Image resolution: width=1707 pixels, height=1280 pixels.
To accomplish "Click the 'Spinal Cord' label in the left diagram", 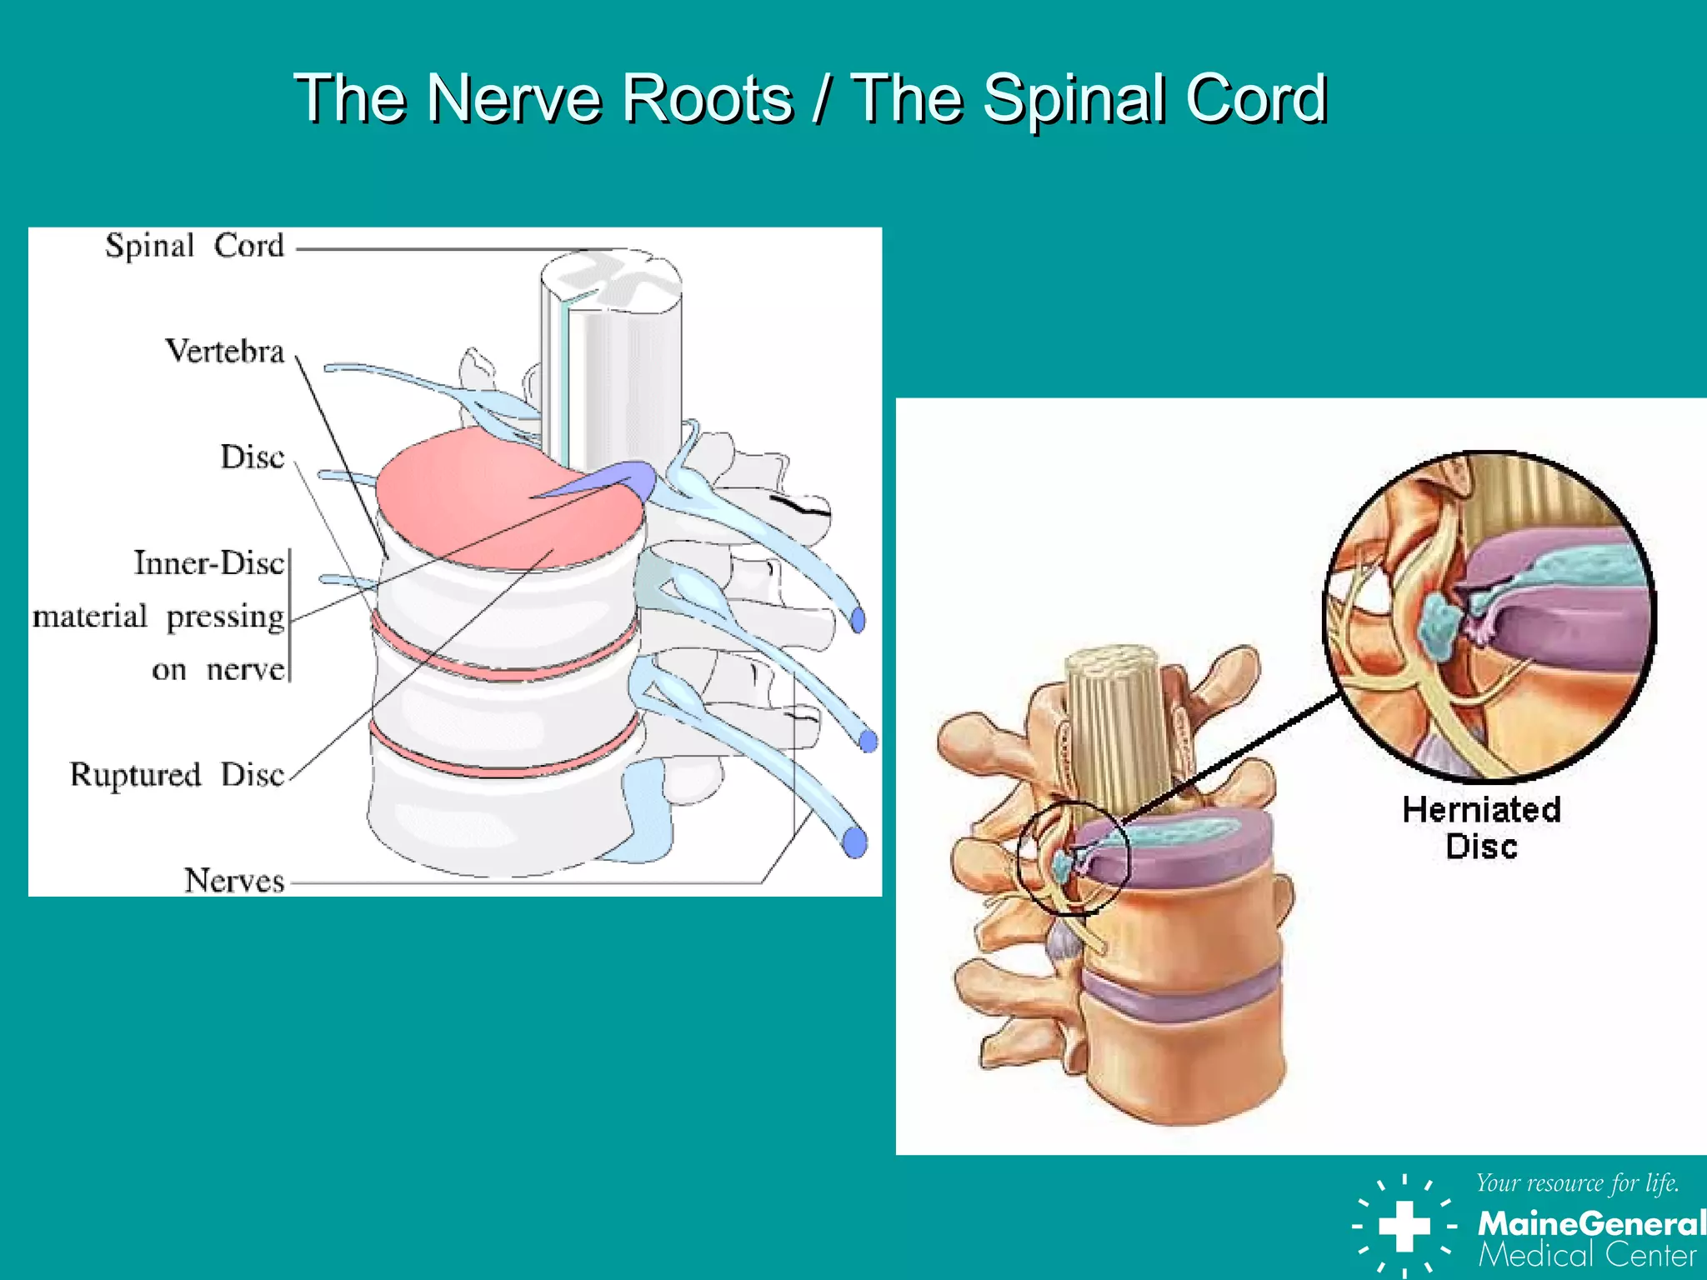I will tap(194, 246).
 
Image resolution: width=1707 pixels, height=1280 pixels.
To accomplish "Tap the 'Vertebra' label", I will tap(225, 352).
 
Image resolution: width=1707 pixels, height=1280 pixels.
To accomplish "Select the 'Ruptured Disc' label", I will tap(177, 775).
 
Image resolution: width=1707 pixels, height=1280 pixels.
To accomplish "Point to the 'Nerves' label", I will tap(234, 881).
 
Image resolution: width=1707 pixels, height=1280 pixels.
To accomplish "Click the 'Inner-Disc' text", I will tap(209, 563).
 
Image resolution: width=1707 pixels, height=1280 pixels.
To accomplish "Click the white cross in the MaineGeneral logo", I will tap(1404, 1226).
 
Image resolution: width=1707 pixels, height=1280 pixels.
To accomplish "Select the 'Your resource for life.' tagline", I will tap(1577, 1182).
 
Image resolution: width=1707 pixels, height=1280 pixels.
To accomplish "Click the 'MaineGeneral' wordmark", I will tap(1590, 1223).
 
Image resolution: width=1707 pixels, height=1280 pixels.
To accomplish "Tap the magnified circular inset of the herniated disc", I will tap(1489, 617).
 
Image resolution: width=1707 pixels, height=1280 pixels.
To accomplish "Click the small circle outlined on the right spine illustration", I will tap(1074, 858).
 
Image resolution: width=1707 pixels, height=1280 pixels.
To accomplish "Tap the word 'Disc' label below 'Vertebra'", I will tap(252, 457).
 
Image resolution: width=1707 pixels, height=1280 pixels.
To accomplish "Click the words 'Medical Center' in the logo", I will tap(1587, 1255).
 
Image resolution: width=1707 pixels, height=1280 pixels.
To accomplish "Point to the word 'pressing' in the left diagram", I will tap(225, 617).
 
